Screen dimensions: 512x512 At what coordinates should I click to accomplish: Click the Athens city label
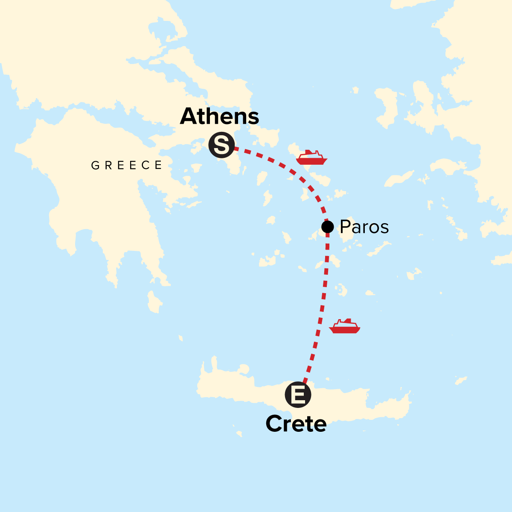pos(219,116)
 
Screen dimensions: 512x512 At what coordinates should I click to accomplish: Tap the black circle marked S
pos(221,145)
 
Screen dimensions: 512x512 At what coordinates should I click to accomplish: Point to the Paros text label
pos(364,227)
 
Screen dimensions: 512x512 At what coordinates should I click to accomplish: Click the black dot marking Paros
pos(327,226)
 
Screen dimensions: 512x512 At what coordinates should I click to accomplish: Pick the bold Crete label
pos(296,424)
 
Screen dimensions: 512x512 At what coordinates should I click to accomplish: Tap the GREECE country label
pos(127,166)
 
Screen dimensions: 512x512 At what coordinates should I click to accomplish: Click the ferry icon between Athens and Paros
pos(311,157)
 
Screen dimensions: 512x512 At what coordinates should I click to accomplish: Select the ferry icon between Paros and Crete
pos(345,326)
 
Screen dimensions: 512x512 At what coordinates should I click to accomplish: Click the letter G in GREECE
pos(95,166)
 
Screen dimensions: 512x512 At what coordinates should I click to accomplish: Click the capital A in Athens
pos(188,116)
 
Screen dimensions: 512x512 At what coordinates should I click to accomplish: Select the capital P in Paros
pos(345,227)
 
